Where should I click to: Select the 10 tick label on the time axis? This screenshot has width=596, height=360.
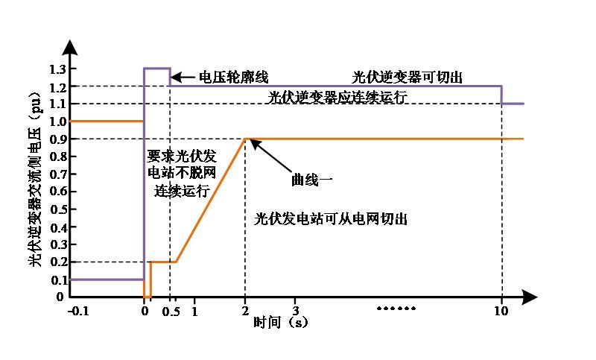tap(501, 311)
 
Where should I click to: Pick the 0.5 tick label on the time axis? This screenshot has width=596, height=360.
tap(171, 311)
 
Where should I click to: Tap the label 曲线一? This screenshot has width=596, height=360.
tap(308, 180)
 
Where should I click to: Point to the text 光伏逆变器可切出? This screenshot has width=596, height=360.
tap(408, 77)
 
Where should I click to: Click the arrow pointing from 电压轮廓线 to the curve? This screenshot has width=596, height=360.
tap(183, 77)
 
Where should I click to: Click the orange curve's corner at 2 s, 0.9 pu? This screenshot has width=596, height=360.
tap(245, 139)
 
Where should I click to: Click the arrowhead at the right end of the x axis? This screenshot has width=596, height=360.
tap(530, 297)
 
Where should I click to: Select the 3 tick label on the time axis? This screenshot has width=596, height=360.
tap(296, 311)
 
